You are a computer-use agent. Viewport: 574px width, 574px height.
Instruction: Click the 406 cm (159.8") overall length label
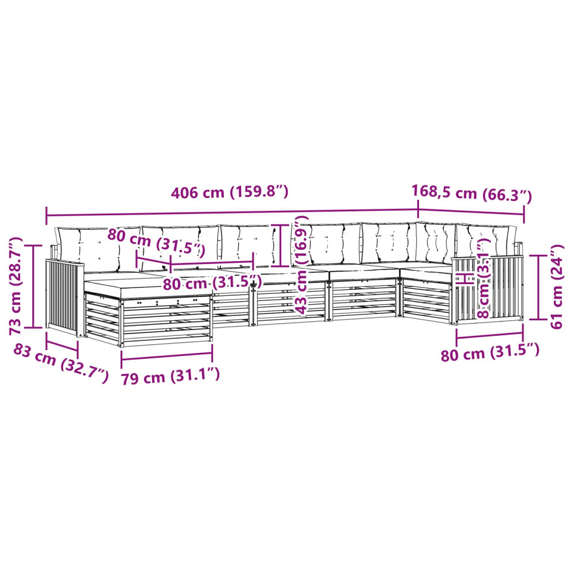tap(230, 192)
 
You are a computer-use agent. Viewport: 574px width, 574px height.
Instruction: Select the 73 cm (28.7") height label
tap(16, 286)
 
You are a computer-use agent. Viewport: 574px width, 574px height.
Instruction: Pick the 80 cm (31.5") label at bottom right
tap(490, 352)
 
